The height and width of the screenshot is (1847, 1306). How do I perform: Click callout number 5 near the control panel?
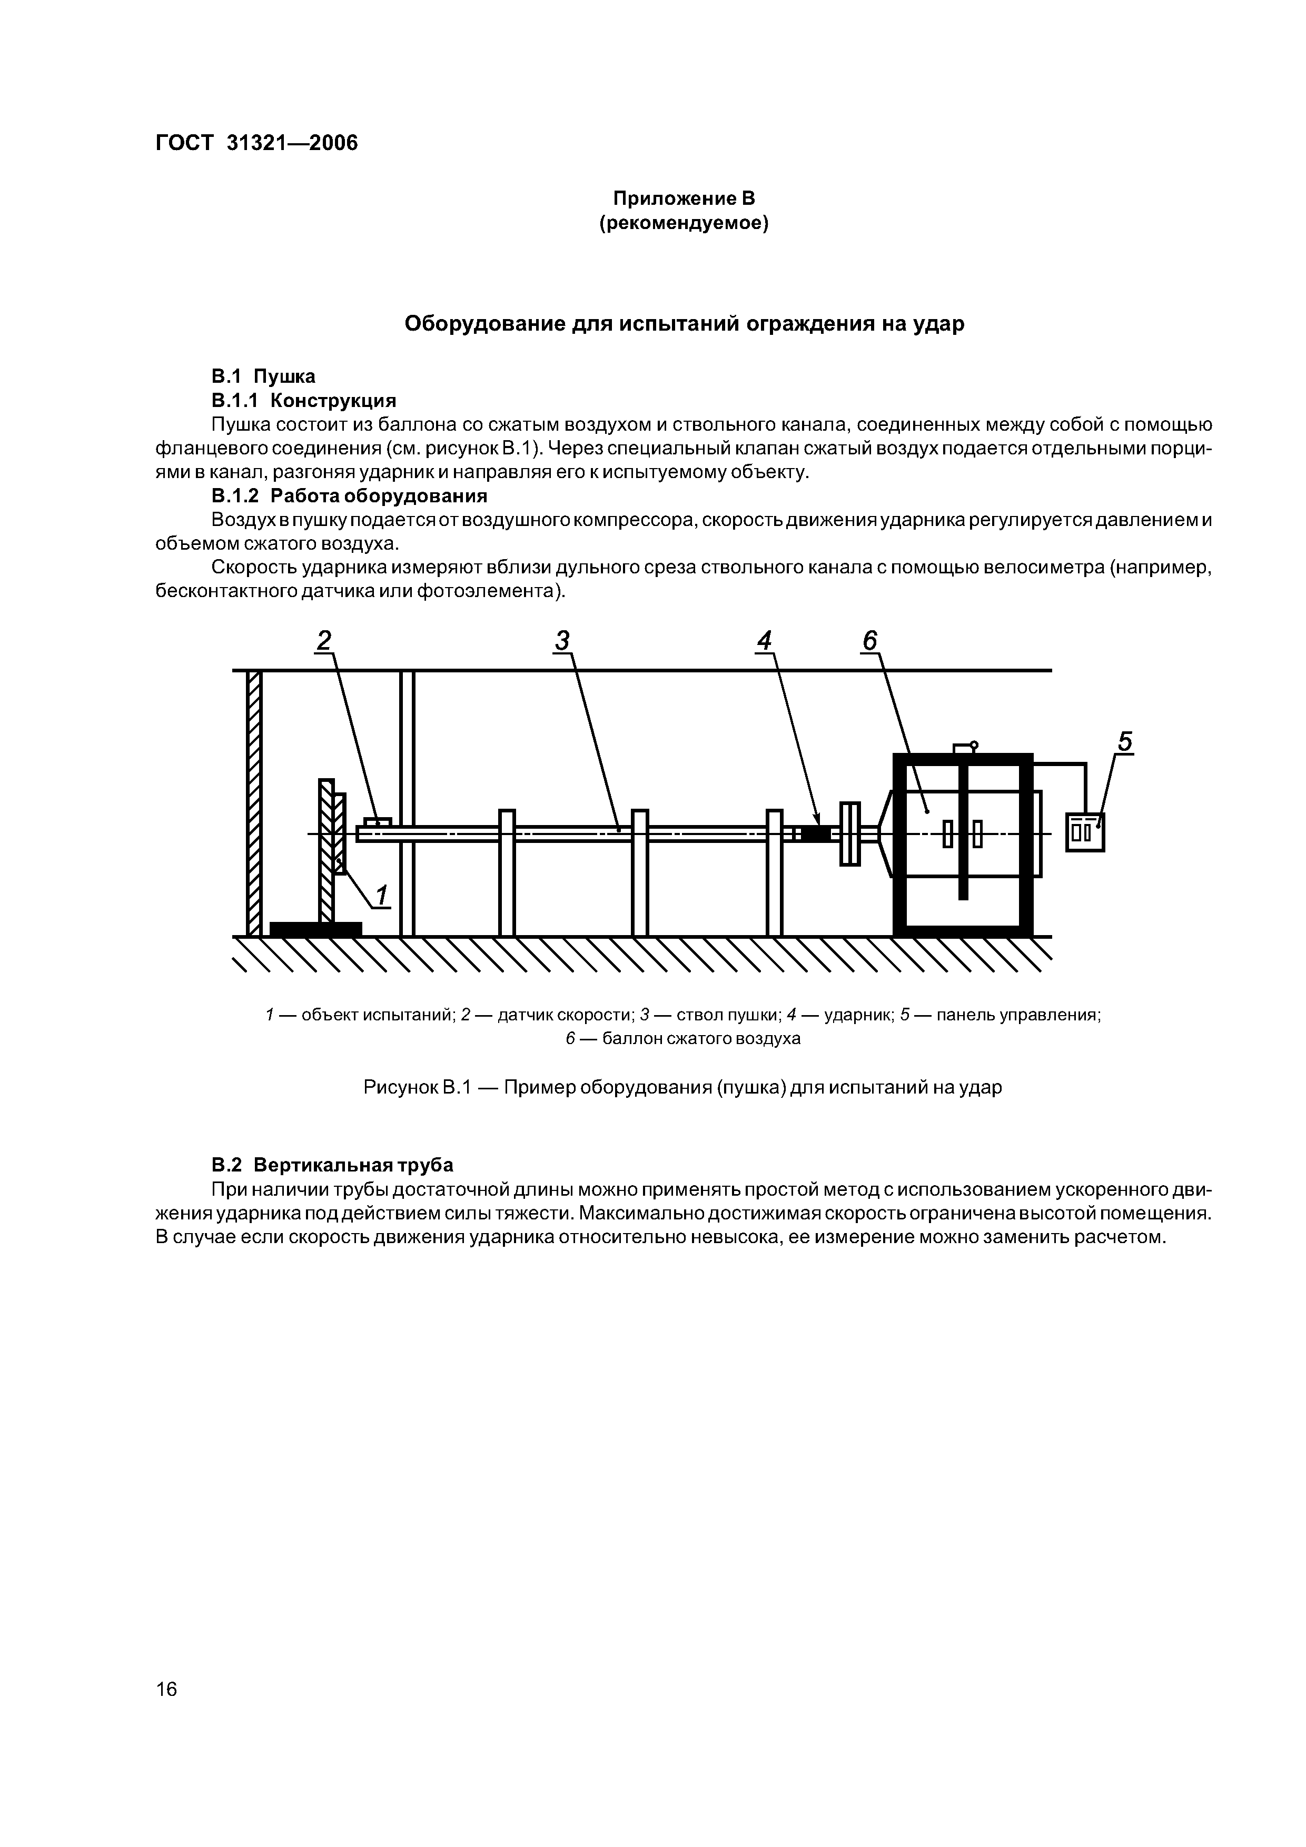(1125, 742)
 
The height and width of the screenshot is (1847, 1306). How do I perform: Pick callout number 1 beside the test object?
(381, 895)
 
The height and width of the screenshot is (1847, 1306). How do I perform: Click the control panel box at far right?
(1085, 832)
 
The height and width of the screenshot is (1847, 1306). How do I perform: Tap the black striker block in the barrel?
(815, 833)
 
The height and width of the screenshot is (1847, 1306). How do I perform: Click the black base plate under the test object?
(315, 929)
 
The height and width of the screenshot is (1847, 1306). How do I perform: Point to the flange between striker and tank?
(850, 833)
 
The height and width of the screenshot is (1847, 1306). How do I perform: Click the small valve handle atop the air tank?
(964, 747)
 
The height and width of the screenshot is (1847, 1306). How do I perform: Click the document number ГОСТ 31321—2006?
(256, 143)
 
